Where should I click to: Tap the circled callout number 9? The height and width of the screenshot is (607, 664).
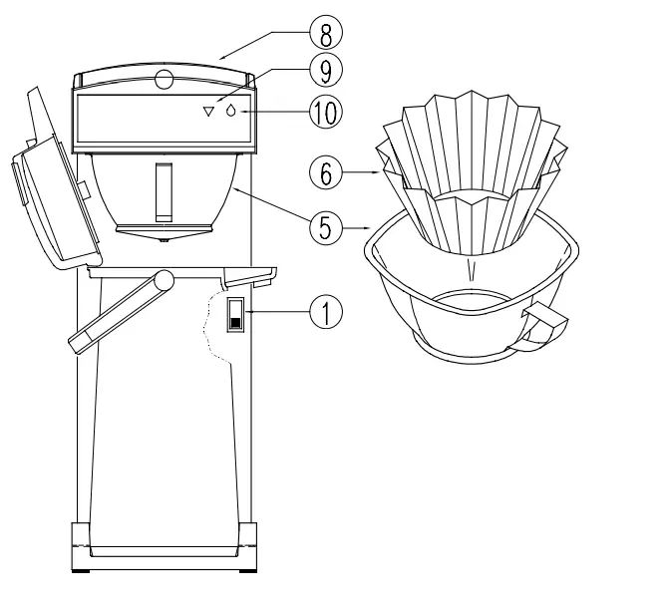[x=326, y=70]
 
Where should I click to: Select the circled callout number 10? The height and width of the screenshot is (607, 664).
[x=326, y=110]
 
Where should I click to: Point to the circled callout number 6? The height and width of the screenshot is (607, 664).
[x=326, y=172]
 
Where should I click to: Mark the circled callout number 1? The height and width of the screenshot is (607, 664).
[x=326, y=311]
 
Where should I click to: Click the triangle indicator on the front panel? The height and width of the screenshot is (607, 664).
[x=208, y=113]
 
